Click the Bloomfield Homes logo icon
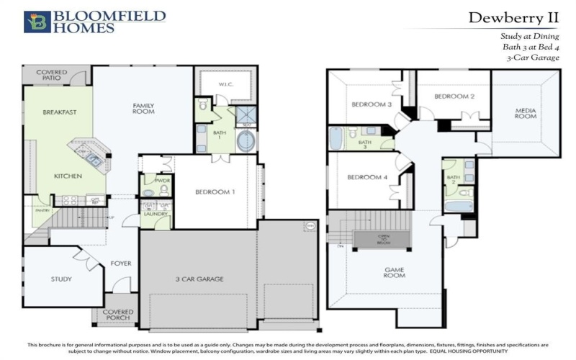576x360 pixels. (x=37, y=22)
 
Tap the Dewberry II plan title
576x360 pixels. (x=513, y=17)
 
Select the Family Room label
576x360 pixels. (x=143, y=108)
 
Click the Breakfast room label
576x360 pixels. (x=59, y=112)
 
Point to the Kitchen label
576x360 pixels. (x=68, y=176)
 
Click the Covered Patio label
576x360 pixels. (x=52, y=76)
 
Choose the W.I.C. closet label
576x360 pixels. (x=225, y=85)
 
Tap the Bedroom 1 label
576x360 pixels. (x=215, y=192)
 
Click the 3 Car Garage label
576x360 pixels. (x=199, y=279)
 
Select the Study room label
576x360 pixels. (x=61, y=279)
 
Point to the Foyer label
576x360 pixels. (x=121, y=264)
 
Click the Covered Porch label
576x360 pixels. (x=118, y=315)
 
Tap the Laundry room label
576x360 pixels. (x=155, y=214)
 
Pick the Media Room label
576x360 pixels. (x=526, y=114)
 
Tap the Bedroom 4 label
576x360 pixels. (x=367, y=178)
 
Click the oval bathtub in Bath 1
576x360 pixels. (x=246, y=140)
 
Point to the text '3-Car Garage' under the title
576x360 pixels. (x=533, y=58)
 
